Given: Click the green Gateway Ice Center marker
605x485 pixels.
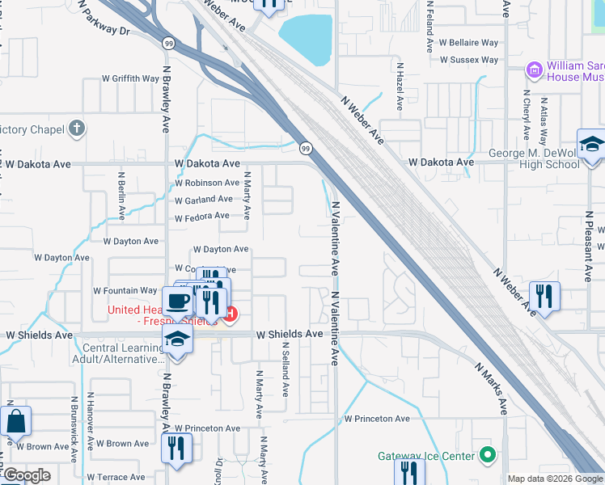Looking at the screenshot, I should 486,456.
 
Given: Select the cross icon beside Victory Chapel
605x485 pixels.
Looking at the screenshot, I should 76,129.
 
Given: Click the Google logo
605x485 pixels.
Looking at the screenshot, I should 26,475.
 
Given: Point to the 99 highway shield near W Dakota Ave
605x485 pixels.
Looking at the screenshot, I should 306,148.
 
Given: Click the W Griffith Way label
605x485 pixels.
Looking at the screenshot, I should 130,78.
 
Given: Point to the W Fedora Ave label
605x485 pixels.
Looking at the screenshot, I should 202,217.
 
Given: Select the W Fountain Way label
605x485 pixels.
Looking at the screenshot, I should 125,290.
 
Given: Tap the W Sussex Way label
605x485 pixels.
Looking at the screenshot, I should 469,60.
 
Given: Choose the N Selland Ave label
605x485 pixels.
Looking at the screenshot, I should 286,368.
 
